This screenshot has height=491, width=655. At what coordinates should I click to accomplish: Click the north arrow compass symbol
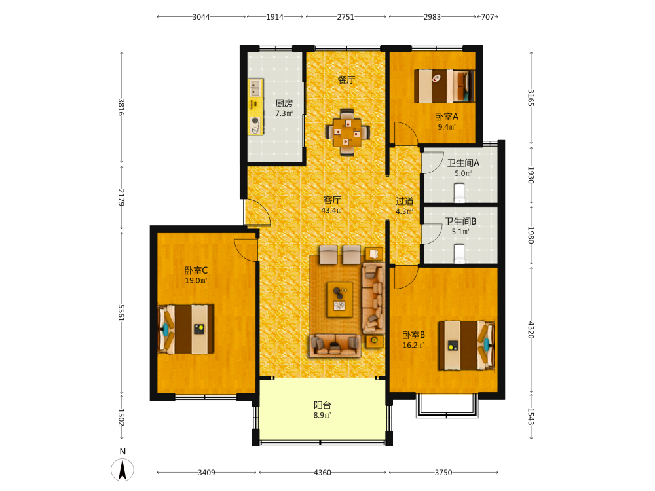click(122, 469)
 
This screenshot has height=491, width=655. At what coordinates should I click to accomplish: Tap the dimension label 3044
click(201, 17)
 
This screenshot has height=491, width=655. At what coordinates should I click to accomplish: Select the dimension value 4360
click(322, 473)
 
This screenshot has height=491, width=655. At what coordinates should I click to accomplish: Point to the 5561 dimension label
click(121, 313)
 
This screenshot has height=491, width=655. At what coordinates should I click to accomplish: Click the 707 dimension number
click(487, 17)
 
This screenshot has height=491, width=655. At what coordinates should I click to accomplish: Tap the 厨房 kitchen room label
click(284, 103)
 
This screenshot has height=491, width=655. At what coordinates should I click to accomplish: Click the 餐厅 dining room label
click(346, 79)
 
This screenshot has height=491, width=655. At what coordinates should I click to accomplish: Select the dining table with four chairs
click(347, 132)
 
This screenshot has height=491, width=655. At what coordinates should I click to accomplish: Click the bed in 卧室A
click(444, 86)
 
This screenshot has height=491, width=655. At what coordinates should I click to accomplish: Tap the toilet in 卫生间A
click(460, 193)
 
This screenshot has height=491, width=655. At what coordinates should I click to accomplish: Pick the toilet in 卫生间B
click(460, 254)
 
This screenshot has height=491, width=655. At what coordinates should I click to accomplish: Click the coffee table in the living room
click(340, 299)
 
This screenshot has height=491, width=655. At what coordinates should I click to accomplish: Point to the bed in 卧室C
click(186, 329)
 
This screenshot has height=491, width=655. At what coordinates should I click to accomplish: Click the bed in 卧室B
click(466, 345)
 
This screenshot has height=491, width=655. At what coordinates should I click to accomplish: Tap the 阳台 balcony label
click(322, 405)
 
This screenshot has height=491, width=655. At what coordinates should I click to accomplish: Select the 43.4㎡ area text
click(332, 210)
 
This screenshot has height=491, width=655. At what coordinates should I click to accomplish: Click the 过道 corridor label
click(404, 201)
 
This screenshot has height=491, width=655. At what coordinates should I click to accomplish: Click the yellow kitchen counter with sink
click(255, 107)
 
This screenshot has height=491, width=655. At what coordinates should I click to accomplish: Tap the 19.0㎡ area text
click(196, 281)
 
